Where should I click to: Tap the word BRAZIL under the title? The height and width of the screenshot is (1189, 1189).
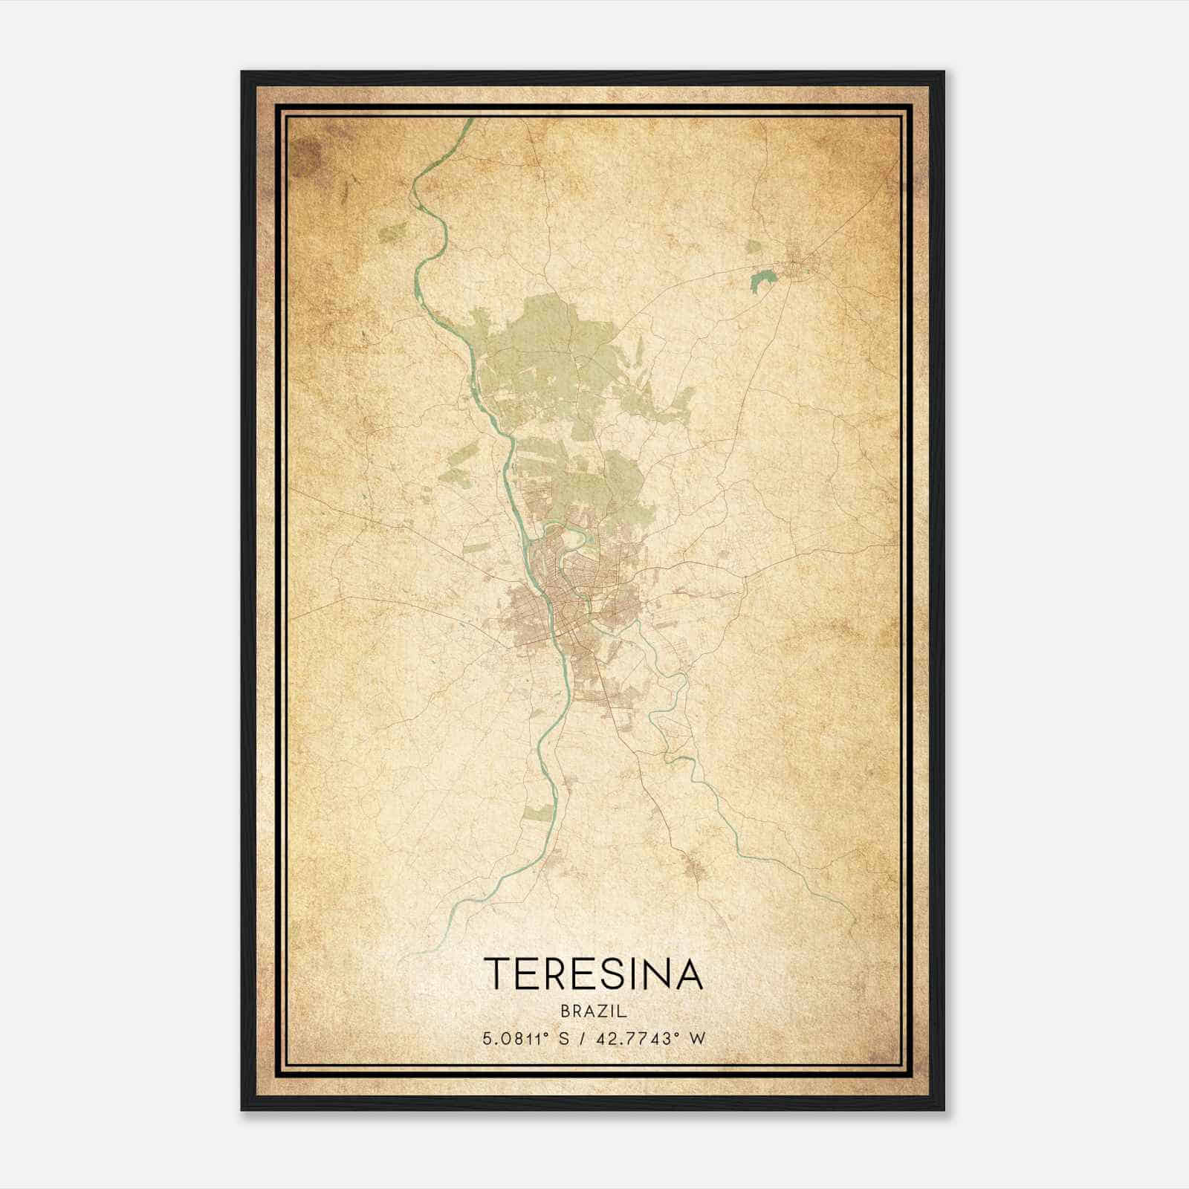[x=593, y=1011]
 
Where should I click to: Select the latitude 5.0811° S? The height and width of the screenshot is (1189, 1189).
[x=525, y=1039]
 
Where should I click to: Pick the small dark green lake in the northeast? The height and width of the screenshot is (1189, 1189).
[x=762, y=281]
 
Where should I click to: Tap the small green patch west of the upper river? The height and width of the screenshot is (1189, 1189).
[x=392, y=233]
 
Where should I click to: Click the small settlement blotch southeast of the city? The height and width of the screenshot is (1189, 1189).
[x=695, y=866]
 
